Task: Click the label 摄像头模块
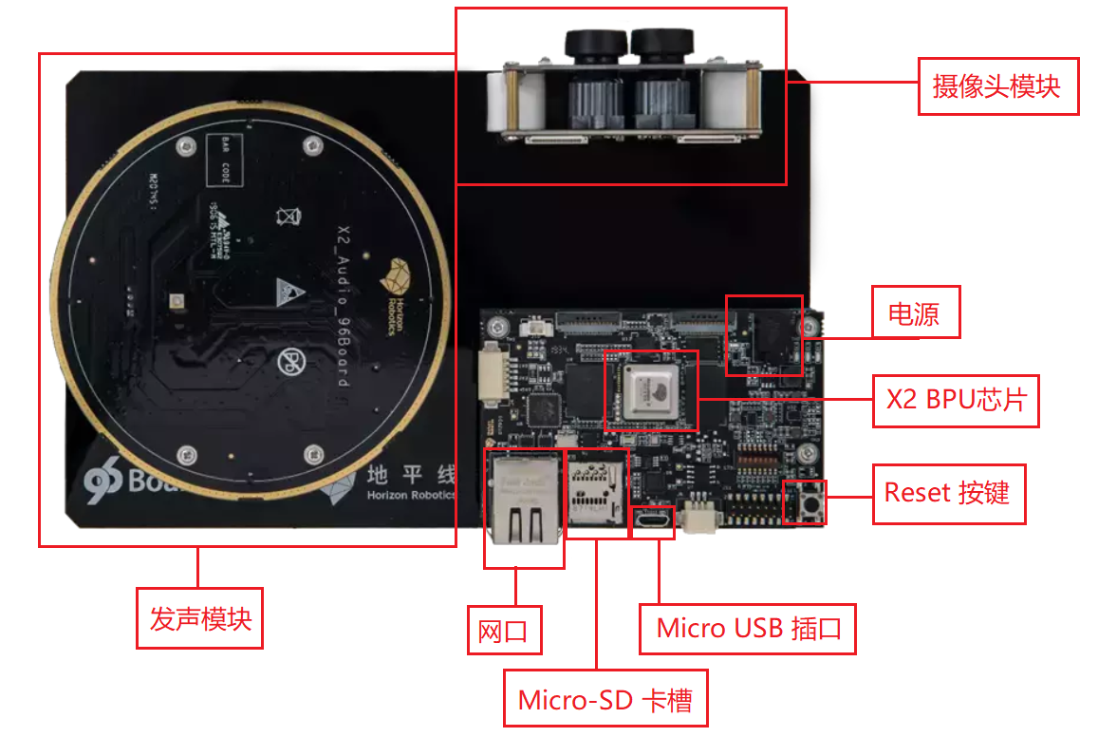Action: click(997, 86)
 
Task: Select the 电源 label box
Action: click(915, 312)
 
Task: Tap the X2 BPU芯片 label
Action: click(956, 399)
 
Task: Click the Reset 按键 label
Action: click(948, 494)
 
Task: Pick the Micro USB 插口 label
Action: click(748, 628)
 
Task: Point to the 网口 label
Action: click(504, 631)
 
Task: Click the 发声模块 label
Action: click(199, 619)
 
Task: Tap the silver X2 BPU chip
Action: click(651, 390)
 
